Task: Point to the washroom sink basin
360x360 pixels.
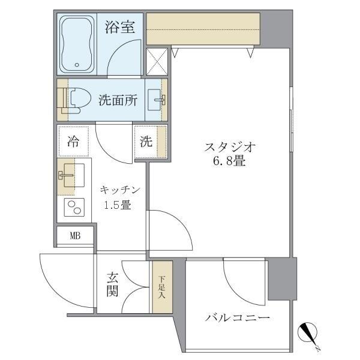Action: [157, 100]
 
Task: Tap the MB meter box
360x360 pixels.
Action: [75, 235]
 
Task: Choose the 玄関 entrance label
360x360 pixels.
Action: [113, 284]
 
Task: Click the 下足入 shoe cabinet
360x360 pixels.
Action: [161, 286]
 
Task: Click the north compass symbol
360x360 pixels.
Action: [310, 334]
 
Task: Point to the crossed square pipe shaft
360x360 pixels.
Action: [157, 61]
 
